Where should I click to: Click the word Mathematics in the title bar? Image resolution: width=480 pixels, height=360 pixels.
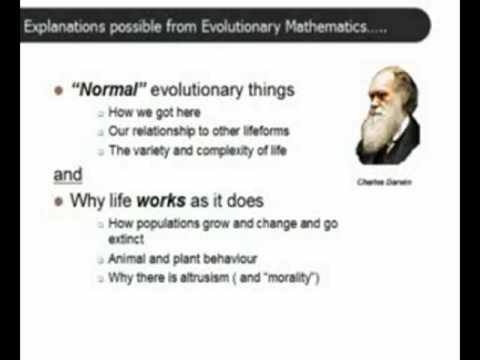(x=326, y=26)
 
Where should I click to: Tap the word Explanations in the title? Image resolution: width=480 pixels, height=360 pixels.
(x=64, y=27)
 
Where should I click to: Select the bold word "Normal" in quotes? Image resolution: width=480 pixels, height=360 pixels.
(x=109, y=89)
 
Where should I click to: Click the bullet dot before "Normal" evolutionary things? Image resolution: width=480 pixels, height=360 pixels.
(x=58, y=90)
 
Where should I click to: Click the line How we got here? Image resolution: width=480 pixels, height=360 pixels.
(x=154, y=112)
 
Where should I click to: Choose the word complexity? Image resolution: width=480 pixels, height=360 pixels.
(x=225, y=151)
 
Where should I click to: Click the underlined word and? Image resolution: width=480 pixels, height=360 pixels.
(x=68, y=174)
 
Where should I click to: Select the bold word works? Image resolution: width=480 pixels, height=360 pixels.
(x=161, y=200)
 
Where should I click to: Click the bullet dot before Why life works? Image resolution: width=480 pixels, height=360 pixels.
(x=58, y=201)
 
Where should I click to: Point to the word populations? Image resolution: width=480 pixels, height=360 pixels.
(x=168, y=224)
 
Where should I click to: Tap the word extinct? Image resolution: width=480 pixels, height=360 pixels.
(x=126, y=239)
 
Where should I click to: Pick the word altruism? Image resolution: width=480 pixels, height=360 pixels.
(x=205, y=277)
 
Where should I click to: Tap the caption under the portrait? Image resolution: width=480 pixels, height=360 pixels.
(x=384, y=182)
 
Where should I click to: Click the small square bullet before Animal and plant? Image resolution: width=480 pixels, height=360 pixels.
(x=100, y=260)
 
